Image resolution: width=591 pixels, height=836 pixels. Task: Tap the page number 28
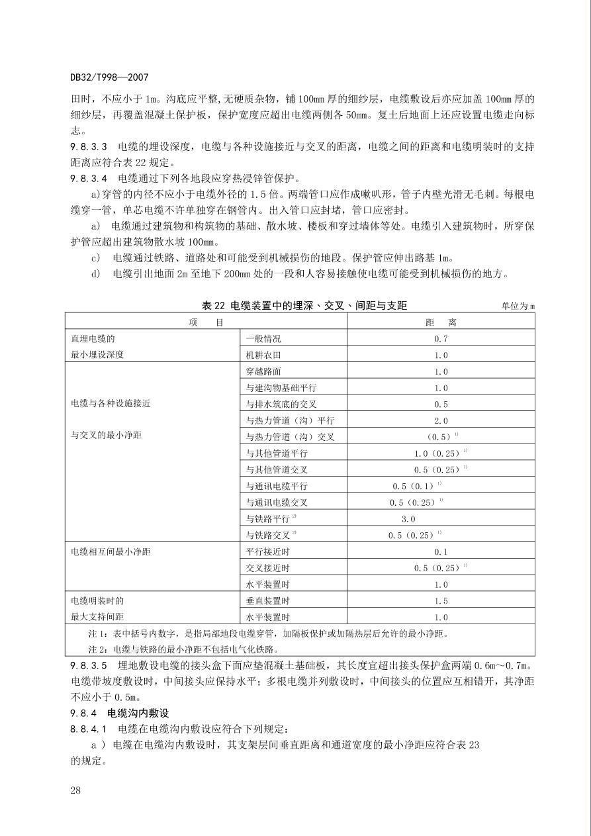point(75,790)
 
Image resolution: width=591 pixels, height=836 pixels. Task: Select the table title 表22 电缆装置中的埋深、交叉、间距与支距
point(304,305)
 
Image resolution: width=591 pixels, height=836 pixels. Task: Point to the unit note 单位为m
point(518,306)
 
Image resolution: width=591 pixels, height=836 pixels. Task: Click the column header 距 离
point(441,322)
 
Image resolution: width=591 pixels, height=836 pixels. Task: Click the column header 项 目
point(205,322)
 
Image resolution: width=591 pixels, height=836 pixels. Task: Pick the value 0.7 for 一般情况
point(441,339)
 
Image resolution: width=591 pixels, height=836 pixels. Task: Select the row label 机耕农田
point(263,355)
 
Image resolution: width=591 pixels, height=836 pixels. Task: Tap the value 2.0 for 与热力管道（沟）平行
point(441,420)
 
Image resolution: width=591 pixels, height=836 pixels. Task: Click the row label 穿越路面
point(263,372)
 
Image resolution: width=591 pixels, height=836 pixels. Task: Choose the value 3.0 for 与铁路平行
point(408,519)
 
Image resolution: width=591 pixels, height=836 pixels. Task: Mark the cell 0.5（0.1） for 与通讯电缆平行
point(414,486)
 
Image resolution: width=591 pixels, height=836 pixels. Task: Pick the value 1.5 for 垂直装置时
point(441,601)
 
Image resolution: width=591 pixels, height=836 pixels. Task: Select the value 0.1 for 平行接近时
point(441,551)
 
